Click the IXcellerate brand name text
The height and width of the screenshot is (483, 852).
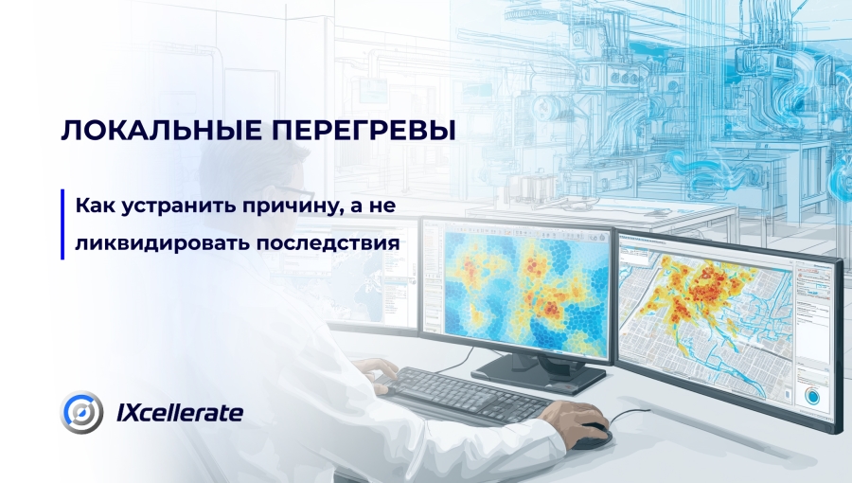coord(180,413)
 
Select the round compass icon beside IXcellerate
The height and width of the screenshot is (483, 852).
coord(82,413)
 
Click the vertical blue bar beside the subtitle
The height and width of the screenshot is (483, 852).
coord(62,224)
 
